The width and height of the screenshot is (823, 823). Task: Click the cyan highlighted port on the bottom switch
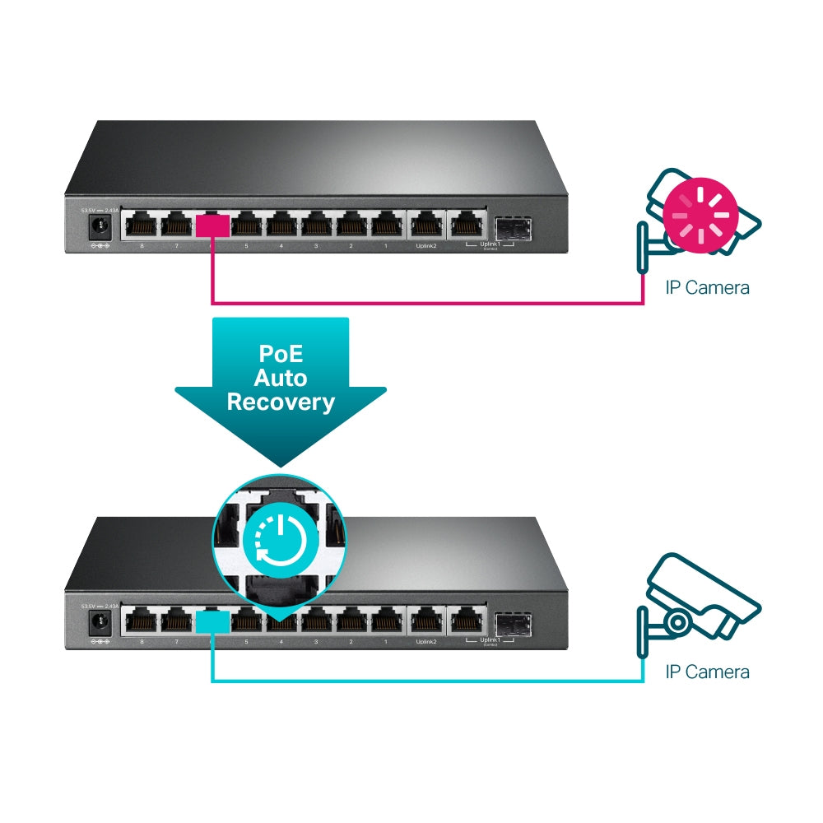tap(213, 621)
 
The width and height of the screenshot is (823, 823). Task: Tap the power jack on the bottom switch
tap(100, 621)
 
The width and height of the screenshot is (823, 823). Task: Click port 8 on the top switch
tap(142, 225)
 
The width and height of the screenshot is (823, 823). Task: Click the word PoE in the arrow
tap(280, 355)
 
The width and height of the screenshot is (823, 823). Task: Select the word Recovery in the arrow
tap(280, 402)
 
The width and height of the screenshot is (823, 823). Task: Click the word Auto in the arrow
tap(280, 379)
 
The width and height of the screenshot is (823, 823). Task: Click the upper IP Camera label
tap(707, 288)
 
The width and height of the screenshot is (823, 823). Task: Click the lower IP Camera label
tap(707, 672)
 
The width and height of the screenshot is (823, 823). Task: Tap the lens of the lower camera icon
tap(677, 621)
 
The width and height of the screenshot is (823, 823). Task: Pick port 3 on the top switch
tap(317, 225)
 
